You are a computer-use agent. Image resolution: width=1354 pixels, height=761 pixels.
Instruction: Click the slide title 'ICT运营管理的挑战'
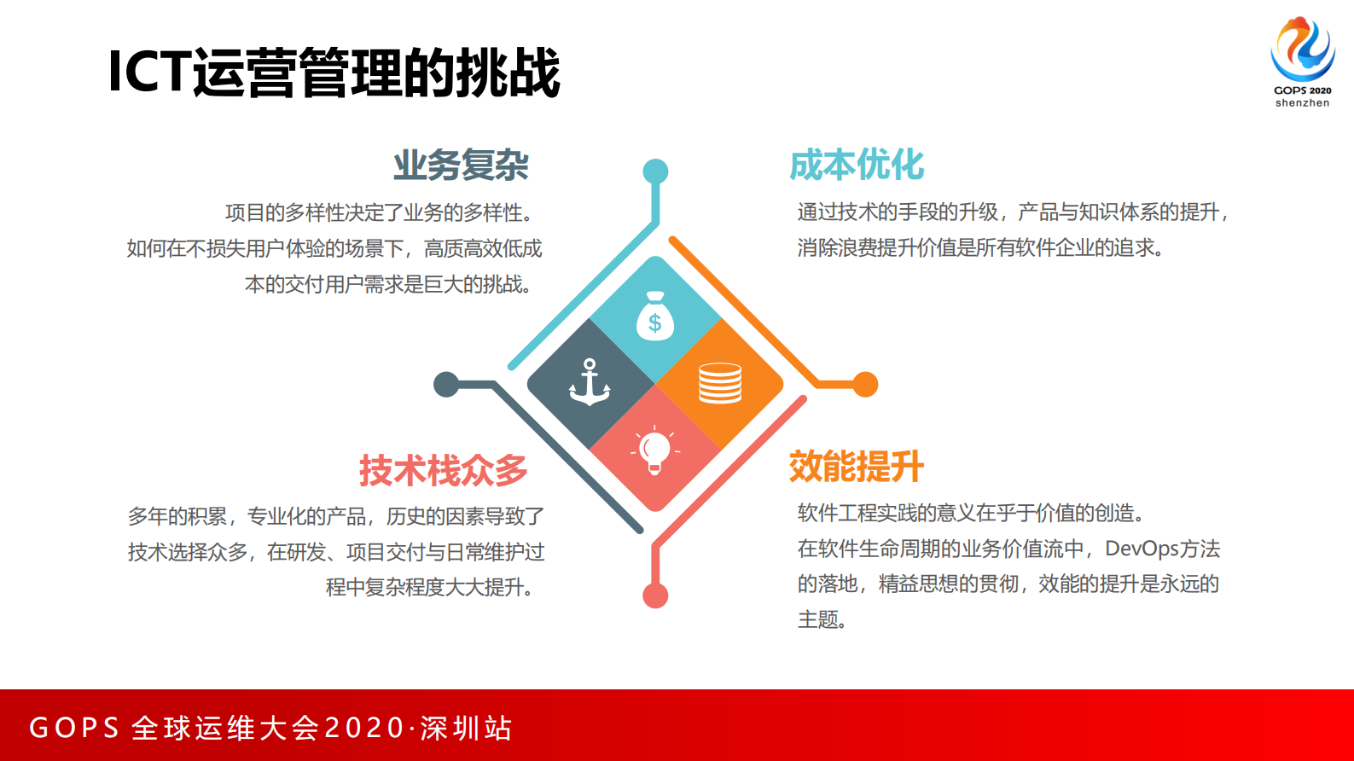pyautogui.click(x=334, y=73)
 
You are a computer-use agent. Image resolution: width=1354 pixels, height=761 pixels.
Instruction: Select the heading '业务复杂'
pyautogui.click(x=461, y=166)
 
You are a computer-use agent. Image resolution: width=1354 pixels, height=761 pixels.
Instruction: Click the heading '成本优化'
pyautogui.click(x=857, y=165)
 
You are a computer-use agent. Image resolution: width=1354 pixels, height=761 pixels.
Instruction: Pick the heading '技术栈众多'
pyautogui.click(x=443, y=470)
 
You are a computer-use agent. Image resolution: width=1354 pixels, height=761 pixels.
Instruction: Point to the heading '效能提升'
pyautogui.click(x=857, y=467)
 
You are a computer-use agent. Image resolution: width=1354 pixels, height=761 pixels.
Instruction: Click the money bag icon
pyautogui.click(x=655, y=317)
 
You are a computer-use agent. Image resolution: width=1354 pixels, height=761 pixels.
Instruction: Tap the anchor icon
pyautogui.click(x=590, y=382)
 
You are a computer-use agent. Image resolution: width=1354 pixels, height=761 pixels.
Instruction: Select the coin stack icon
pyautogui.click(x=720, y=383)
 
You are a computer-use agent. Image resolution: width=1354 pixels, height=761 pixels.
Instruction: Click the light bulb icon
pyautogui.click(x=655, y=449)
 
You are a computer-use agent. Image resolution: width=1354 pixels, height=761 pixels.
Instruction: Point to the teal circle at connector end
pyautogui.click(x=655, y=171)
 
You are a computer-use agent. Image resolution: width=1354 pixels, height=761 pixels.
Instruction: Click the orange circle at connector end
pyautogui.click(x=865, y=385)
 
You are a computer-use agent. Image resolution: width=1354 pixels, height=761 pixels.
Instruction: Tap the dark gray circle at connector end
pyautogui.click(x=446, y=385)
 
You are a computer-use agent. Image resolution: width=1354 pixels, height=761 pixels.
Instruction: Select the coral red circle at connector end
pyautogui.click(x=655, y=595)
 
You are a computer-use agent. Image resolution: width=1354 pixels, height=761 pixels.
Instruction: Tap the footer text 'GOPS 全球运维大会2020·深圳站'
pyautogui.click(x=270, y=728)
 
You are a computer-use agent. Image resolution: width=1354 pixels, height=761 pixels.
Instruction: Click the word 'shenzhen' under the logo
pyautogui.click(x=1302, y=103)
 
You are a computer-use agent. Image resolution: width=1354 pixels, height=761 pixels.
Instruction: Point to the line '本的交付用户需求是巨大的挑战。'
pyautogui.click(x=388, y=284)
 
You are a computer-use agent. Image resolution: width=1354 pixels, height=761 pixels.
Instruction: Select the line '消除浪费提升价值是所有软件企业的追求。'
pyautogui.click(x=980, y=248)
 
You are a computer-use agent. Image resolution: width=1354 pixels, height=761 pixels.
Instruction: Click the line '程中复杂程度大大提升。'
pyautogui.click(x=430, y=587)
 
